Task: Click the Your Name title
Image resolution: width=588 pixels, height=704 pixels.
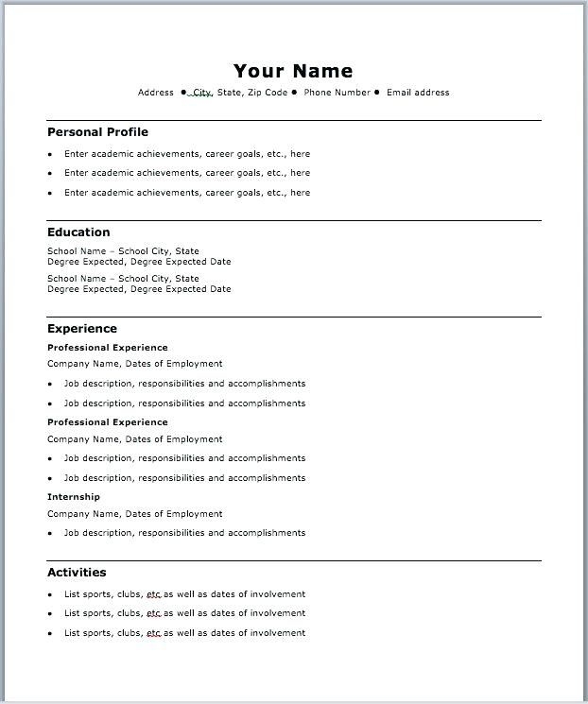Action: click(293, 71)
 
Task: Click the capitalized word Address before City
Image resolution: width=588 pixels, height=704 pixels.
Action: click(156, 93)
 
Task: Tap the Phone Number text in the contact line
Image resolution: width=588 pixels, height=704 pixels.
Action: click(337, 93)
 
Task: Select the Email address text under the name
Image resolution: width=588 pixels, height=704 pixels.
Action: click(419, 93)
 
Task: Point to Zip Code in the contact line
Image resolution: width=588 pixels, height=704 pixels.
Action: click(268, 93)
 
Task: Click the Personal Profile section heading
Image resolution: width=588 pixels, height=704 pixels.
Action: click(97, 132)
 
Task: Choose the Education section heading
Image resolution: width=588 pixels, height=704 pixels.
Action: click(78, 232)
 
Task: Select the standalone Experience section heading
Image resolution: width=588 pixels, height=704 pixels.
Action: click(82, 329)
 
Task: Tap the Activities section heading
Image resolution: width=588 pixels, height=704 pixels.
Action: click(77, 573)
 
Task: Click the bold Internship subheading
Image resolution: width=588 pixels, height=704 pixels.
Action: click(74, 497)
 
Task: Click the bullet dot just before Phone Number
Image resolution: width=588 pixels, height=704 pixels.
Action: click(294, 93)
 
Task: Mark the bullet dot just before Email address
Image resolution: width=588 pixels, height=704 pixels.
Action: click(377, 93)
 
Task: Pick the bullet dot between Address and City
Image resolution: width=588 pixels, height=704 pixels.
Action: click(183, 93)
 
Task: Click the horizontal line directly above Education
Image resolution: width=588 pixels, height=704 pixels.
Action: click(294, 220)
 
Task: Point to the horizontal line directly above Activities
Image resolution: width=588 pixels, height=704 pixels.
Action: click(294, 560)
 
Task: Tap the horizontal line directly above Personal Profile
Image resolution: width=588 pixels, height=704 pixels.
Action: click(294, 120)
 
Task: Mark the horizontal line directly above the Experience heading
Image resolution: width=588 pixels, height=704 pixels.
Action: click(294, 317)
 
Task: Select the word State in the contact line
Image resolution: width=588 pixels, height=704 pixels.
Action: click(230, 93)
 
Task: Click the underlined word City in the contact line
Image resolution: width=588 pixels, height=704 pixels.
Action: click(202, 93)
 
